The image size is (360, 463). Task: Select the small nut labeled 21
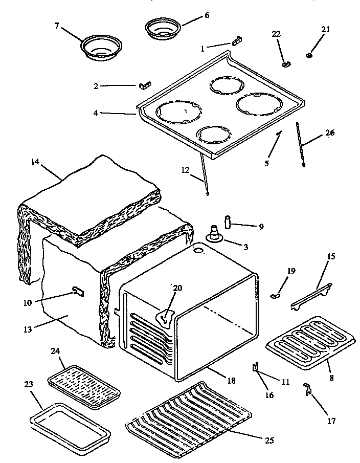point(310,55)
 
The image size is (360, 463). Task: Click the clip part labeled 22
point(286,64)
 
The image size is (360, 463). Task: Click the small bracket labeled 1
point(237,41)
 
